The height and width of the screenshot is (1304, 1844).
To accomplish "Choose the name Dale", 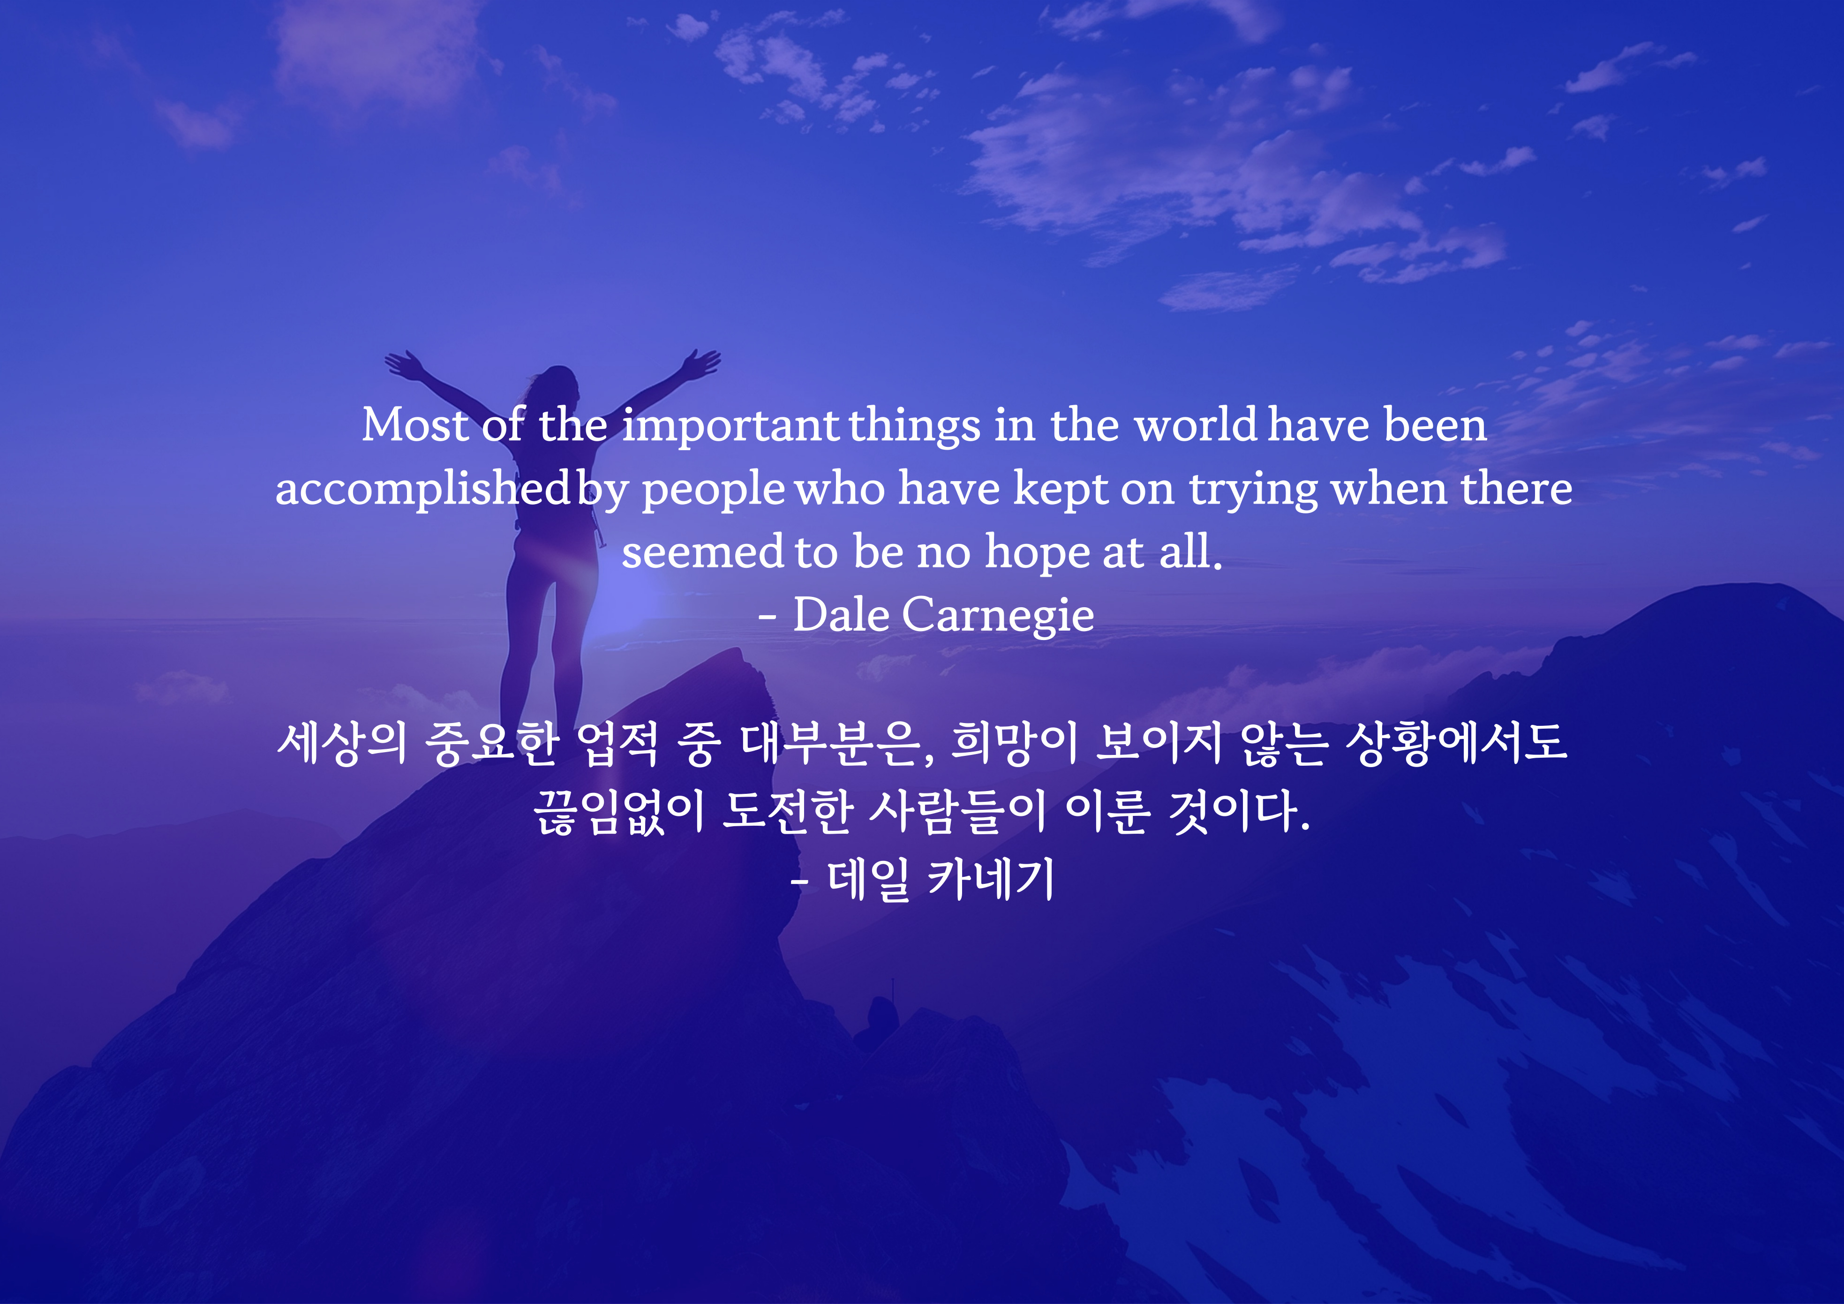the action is pyautogui.click(x=841, y=616).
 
